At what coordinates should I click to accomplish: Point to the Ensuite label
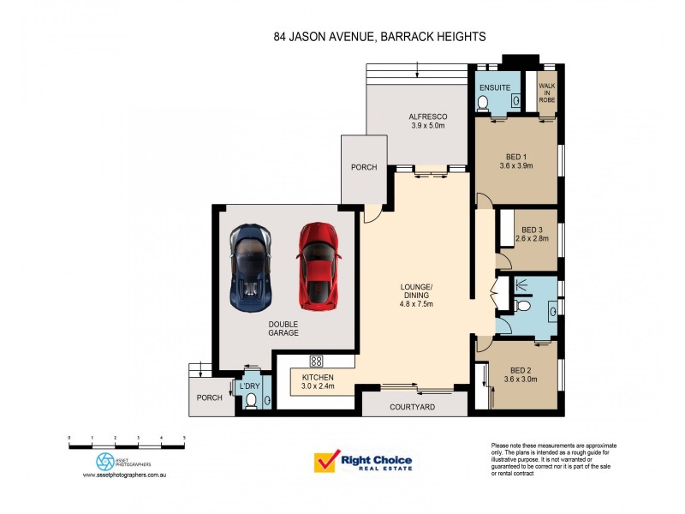[495, 88]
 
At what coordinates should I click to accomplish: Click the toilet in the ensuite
[483, 104]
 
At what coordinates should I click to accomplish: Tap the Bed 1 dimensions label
[515, 161]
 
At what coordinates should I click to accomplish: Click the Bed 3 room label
[532, 235]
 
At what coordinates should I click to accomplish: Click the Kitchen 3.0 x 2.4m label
[317, 382]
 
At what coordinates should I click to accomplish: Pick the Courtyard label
[414, 408]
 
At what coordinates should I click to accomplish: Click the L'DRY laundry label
[250, 385]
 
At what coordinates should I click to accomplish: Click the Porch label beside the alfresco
[363, 167]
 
